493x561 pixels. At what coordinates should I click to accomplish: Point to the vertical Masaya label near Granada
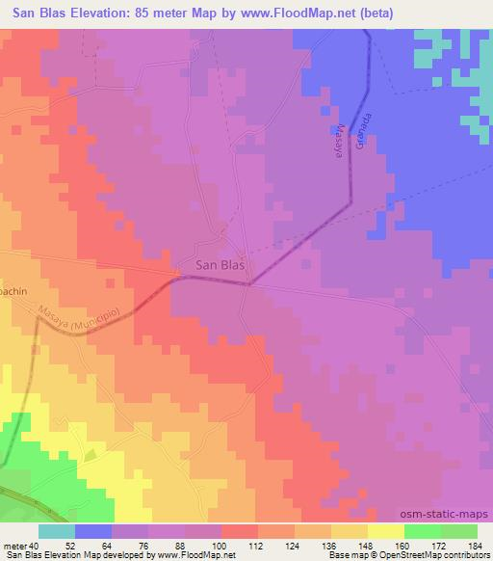339,144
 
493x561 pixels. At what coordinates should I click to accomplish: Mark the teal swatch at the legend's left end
56,531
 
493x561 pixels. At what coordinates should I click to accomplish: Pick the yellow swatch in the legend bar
384,531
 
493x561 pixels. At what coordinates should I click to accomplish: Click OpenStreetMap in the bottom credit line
396,555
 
